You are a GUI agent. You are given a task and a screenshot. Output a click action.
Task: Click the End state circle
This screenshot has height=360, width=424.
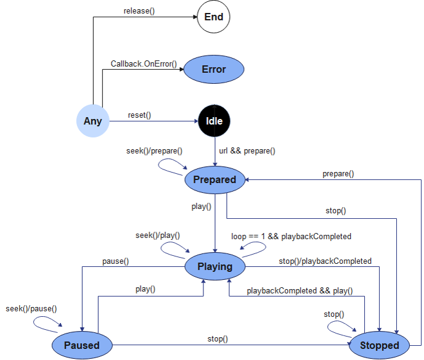213,17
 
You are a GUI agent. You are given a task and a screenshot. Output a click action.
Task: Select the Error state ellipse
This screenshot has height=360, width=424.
214,69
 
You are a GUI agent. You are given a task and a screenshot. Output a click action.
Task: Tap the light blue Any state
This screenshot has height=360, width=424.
92,121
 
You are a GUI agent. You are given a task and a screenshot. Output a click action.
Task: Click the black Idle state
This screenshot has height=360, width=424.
214,121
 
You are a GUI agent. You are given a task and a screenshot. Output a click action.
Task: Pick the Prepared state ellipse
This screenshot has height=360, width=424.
214,179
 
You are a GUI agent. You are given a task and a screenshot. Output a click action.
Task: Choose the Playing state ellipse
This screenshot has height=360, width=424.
214,266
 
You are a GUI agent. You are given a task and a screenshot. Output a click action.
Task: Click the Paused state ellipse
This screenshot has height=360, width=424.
81,345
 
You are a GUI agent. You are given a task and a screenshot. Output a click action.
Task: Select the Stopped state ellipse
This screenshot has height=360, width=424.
379,345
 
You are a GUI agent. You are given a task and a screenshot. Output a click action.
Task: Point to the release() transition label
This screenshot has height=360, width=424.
139,11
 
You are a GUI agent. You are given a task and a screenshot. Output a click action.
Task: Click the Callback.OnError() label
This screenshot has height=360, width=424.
144,63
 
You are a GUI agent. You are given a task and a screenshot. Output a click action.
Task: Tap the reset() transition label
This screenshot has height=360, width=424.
139,115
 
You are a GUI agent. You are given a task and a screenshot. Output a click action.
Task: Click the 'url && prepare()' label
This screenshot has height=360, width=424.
247,150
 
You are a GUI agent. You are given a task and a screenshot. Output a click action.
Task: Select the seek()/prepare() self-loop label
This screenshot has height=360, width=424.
153,150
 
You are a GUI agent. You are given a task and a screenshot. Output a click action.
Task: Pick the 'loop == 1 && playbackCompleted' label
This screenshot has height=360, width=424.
291,236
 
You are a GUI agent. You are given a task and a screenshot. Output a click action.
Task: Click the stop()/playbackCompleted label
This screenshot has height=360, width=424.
325,261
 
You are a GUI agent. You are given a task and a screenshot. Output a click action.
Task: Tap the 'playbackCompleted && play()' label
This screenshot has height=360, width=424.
300,290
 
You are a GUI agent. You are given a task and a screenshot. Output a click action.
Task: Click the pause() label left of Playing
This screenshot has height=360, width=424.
115,261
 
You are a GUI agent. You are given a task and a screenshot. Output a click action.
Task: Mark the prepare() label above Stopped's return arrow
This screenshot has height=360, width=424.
338,174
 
